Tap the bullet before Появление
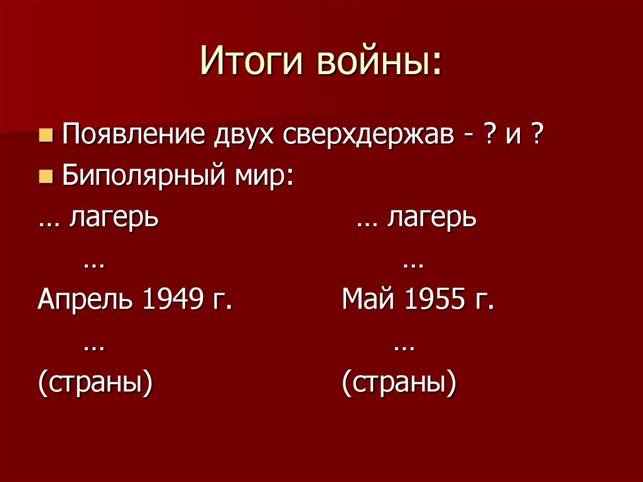(45, 136)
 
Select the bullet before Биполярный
(45, 177)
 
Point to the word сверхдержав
(370, 136)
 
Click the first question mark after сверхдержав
(487, 136)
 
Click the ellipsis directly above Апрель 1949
(94, 264)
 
